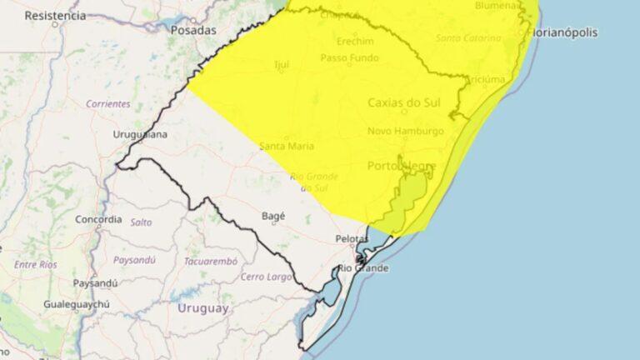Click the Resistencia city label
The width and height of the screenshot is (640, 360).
click(x=55, y=15)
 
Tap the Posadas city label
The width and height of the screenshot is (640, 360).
click(x=192, y=30)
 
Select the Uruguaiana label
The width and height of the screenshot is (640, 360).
click(x=140, y=133)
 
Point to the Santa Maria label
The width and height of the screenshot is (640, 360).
click(x=287, y=147)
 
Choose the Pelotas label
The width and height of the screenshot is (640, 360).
click(x=352, y=238)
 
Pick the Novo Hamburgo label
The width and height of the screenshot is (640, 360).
click(x=406, y=131)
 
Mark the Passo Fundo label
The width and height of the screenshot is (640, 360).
click(x=349, y=58)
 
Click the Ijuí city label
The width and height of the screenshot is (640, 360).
click(x=281, y=63)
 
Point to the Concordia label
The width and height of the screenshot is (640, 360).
click(x=98, y=220)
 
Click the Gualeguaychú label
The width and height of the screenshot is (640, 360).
click(x=77, y=304)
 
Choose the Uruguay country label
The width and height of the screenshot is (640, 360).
click(x=202, y=308)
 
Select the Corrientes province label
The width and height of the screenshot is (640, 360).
click(x=108, y=104)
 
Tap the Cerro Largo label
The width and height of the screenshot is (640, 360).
click(x=263, y=276)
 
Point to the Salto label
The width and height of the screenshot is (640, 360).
click(x=141, y=222)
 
